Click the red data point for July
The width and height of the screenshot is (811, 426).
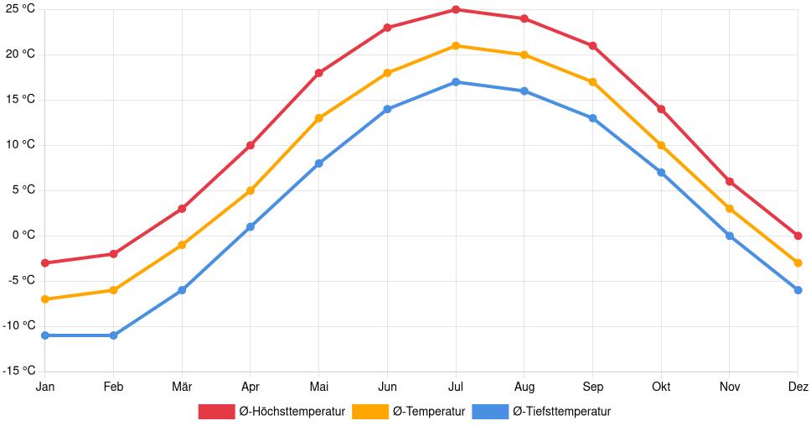pyautogui.click(x=456, y=10)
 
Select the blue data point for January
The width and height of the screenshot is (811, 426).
pyautogui.click(x=45, y=335)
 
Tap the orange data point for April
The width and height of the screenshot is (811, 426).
pyautogui.click(x=251, y=190)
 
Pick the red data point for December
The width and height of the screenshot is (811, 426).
pyautogui.click(x=798, y=236)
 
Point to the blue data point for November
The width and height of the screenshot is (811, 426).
pyautogui.click(x=730, y=236)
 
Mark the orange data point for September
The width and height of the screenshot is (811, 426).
pyautogui.click(x=592, y=82)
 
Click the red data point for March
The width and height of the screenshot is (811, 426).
pyautogui.click(x=182, y=209)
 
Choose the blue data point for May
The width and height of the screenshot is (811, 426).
pyautogui.click(x=319, y=164)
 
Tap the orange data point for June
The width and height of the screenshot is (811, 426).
pyautogui.click(x=387, y=73)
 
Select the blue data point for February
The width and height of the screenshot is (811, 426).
pyautogui.click(x=113, y=335)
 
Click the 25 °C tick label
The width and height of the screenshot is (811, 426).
pyautogui.click(x=18, y=8)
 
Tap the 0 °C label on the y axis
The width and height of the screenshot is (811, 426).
pyautogui.click(x=22, y=235)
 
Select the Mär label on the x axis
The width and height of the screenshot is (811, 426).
pyautogui.click(x=182, y=387)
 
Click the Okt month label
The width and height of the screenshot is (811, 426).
pyautogui.click(x=661, y=387)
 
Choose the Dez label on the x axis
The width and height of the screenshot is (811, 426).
pyautogui.click(x=798, y=387)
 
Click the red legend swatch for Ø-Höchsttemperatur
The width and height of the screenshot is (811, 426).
pyautogui.click(x=216, y=411)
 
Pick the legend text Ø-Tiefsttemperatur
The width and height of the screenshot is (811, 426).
pyautogui.click(x=561, y=411)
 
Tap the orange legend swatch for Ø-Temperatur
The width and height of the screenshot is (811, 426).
pyautogui.click(x=370, y=411)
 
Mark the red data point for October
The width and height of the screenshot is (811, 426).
pyautogui.click(x=661, y=109)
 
